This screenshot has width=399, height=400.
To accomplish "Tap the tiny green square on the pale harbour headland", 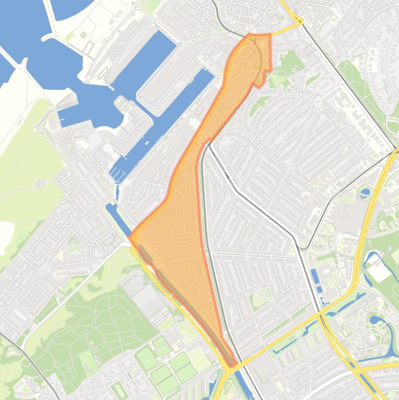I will [x=84, y=35].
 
